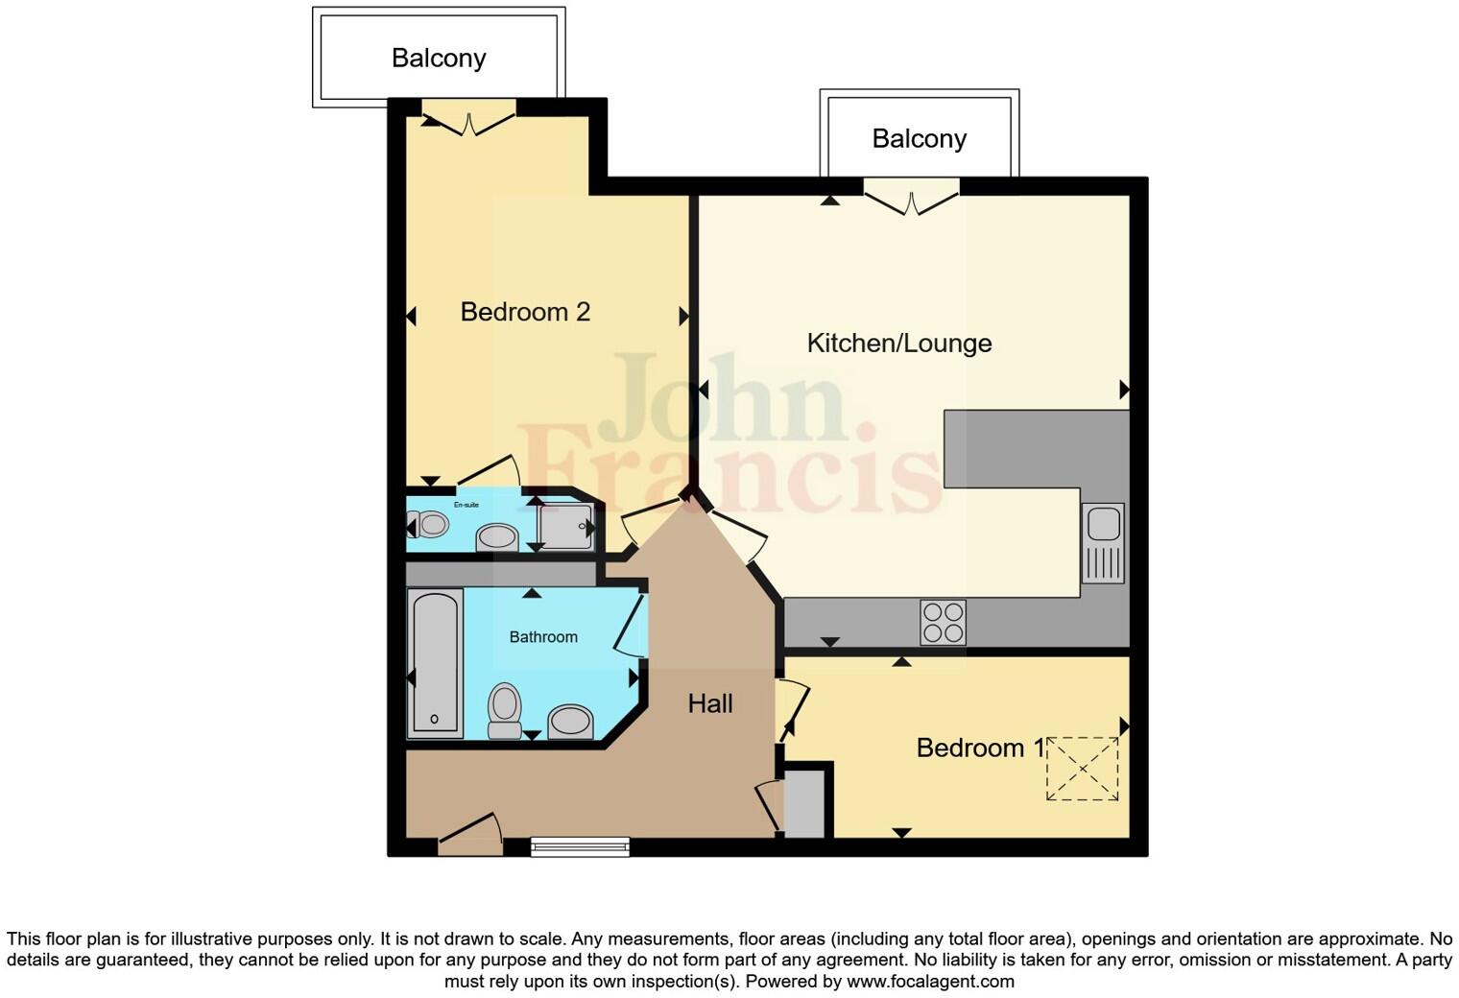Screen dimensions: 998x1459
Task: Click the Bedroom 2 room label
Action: [525, 312]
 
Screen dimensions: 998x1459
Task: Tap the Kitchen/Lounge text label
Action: [898, 344]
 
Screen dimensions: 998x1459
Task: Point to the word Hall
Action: [709, 703]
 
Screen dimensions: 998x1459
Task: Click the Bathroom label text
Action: [543, 637]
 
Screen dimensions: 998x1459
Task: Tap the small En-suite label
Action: [466, 505]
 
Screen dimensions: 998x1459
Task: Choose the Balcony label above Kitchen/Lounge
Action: [919, 139]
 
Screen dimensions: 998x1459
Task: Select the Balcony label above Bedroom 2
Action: [439, 59]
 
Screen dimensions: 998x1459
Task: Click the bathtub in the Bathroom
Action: [435, 663]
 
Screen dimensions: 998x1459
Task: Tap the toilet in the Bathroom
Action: [504, 710]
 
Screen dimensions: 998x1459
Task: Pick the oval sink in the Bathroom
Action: [571, 721]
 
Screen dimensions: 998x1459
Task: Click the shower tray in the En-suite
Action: [565, 527]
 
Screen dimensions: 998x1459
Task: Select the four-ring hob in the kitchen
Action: [943, 622]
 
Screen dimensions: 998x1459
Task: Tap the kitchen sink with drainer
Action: [1103, 543]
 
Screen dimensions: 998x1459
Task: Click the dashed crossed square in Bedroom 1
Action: [1082, 769]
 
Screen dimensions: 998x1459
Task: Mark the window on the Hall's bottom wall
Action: [580, 846]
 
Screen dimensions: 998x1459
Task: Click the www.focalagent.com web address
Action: [929, 982]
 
